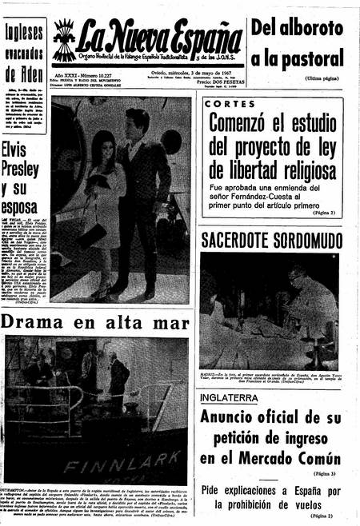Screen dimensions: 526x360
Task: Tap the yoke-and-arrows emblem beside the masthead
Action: pos(64,41)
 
